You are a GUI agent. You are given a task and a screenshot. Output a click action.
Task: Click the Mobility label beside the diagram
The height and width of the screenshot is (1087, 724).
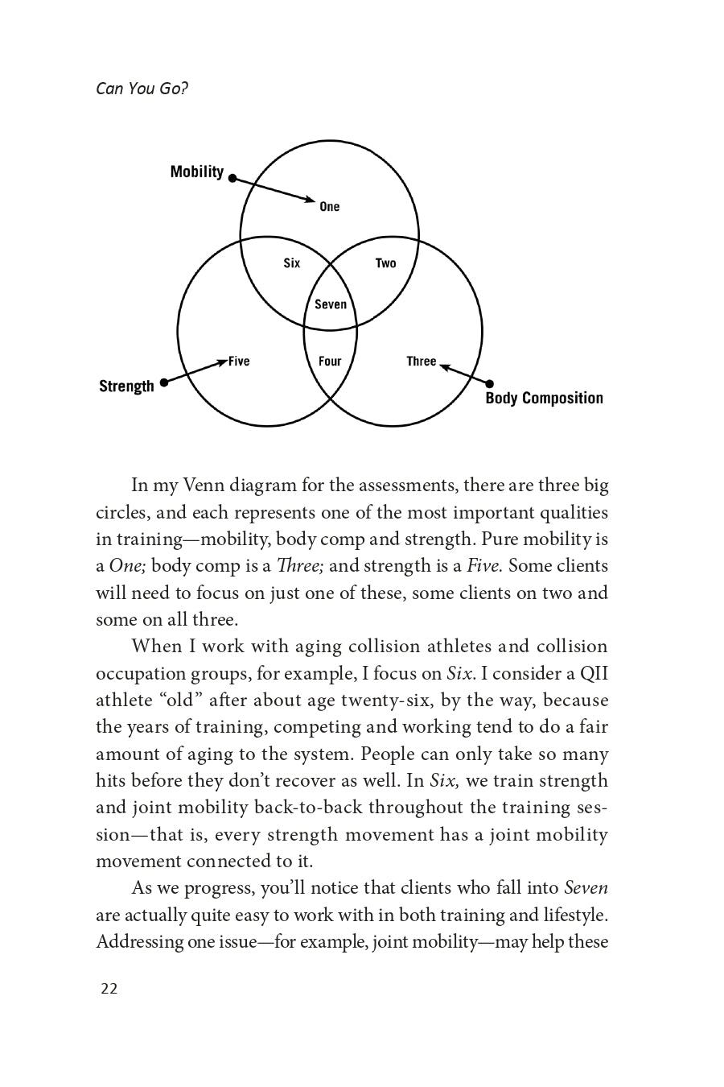[x=196, y=172]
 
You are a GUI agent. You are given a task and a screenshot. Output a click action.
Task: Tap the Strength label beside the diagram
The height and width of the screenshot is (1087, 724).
[x=126, y=386]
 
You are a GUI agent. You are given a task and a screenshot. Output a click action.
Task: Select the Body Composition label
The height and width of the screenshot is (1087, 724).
[x=544, y=398]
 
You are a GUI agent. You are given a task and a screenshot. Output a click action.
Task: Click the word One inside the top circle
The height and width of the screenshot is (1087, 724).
[x=330, y=207]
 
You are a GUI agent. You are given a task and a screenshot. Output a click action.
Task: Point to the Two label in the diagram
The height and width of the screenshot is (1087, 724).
[x=386, y=263]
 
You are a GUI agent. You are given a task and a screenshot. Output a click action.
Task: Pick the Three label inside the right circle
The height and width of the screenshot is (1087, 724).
[x=421, y=362]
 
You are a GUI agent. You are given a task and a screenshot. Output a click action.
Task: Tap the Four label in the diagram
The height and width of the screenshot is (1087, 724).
[x=330, y=362]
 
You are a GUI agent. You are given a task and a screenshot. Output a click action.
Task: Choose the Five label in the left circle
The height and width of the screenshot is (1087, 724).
[x=239, y=362]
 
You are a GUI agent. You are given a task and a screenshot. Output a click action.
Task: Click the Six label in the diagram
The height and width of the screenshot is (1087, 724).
[x=292, y=263]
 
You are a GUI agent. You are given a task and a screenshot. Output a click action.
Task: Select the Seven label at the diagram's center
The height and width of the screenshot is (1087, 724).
[x=331, y=304]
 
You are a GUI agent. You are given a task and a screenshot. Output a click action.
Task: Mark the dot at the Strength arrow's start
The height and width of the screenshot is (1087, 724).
[x=164, y=383]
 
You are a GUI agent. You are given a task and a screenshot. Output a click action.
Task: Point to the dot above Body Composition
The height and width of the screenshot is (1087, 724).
[x=490, y=384]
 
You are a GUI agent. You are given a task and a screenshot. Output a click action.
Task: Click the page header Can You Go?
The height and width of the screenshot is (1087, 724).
[x=142, y=89]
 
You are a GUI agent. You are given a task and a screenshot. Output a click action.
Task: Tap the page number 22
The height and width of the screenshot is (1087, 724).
[x=109, y=989]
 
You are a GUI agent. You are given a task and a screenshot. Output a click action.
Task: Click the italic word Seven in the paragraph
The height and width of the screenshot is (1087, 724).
[x=586, y=888]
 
